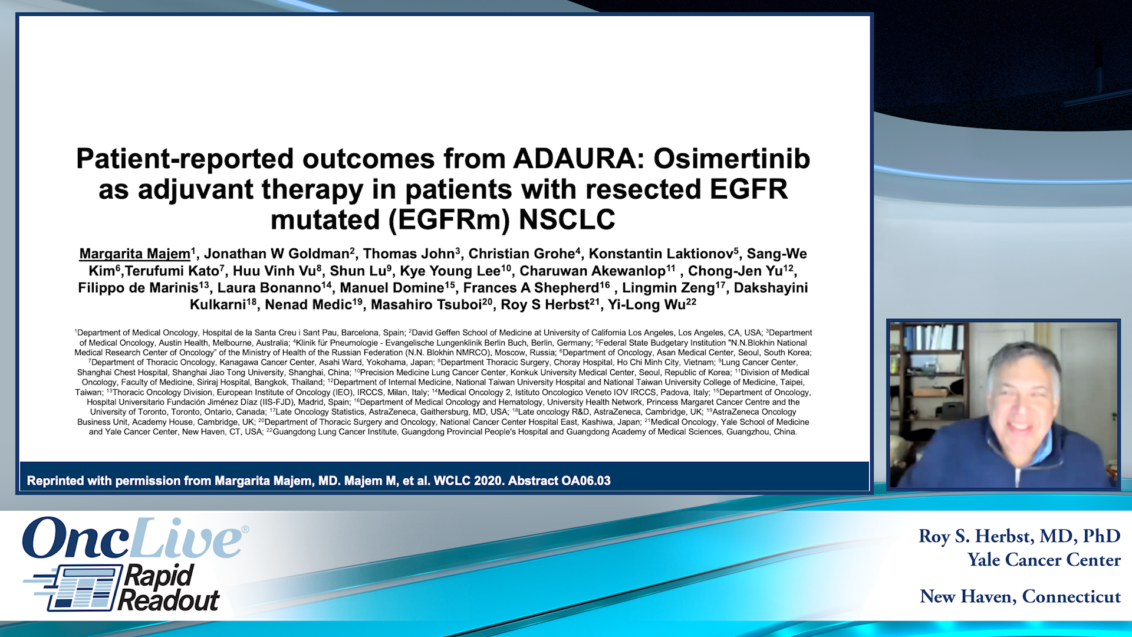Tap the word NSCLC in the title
coord(567,220)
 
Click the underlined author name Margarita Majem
coord(134,254)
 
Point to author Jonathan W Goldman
coord(277,254)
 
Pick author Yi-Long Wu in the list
coord(647,305)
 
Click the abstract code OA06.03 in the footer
coord(585,481)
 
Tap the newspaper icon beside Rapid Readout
coord(77,587)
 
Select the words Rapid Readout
coord(168,587)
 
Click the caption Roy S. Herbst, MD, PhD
coord(1019,536)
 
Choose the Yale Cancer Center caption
coord(1044,560)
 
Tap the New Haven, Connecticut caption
coord(1020,597)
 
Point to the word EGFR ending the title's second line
coord(749,190)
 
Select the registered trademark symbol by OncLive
coord(245,530)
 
